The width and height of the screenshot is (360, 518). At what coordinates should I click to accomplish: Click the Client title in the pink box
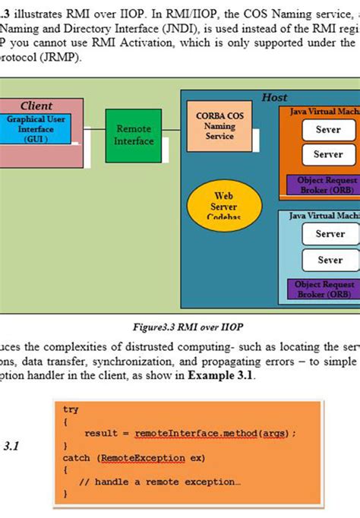36,106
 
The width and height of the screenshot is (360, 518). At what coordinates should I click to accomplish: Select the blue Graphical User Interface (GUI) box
36,129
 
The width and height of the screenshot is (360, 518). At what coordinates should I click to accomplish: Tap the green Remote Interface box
134,134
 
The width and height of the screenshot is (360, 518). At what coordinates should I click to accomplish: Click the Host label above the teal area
274,98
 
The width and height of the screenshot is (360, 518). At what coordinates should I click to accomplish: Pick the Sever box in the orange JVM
328,130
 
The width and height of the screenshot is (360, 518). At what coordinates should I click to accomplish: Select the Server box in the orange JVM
328,154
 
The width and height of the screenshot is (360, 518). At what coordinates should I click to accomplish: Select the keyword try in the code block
71,409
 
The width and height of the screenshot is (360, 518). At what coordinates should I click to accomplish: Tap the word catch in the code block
77,458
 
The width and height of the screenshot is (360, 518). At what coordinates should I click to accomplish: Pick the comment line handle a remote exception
159,482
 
